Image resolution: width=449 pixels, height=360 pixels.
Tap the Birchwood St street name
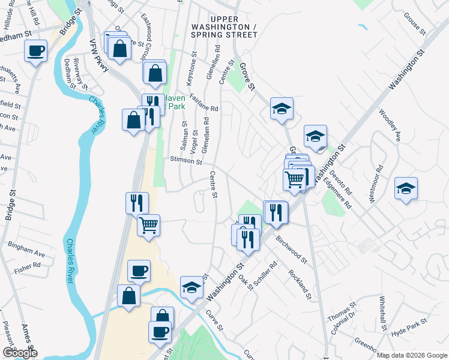click(291, 248)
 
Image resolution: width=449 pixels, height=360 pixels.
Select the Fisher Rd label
click(28, 265)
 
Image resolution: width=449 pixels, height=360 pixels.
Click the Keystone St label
click(193, 70)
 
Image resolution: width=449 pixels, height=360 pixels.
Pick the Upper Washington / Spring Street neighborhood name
click(224, 31)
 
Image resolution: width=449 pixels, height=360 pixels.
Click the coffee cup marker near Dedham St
click(36, 50)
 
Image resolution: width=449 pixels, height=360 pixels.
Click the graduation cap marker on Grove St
click(281, 109)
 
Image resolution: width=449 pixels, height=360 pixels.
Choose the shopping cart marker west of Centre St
click(148, 226)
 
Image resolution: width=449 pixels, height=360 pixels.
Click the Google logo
click(20, 353)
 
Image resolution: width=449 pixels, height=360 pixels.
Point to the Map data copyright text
click(411, 355)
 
